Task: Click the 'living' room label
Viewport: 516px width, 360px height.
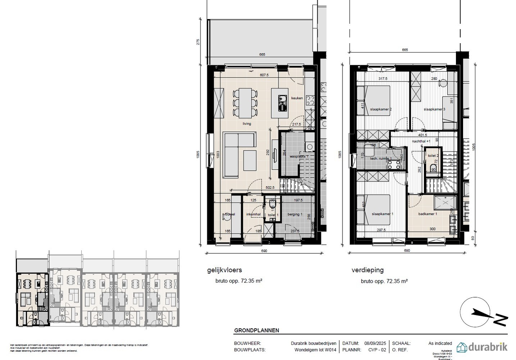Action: point(247,123)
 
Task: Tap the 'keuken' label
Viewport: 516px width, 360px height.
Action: point(297,98)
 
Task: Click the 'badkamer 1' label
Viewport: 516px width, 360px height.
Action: point(427,214)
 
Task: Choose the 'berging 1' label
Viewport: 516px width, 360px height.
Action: point(295,214)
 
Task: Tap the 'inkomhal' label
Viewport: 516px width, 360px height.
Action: point(253,214)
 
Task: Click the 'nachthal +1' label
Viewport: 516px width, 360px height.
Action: point(422,142)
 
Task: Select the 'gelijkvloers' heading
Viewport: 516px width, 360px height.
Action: point(224,270)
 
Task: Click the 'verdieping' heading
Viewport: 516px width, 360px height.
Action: point(367,270)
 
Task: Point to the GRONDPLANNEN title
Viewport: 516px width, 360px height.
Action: point(257,330)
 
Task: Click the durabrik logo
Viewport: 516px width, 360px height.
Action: point(482,347)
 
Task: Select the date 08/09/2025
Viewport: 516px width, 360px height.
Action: point(375,343)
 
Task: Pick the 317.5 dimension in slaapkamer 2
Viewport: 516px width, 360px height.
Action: point(382,79)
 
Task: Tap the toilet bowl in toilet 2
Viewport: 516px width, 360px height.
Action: point(433,168)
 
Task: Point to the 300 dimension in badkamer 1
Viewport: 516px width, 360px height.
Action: point(432,229)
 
